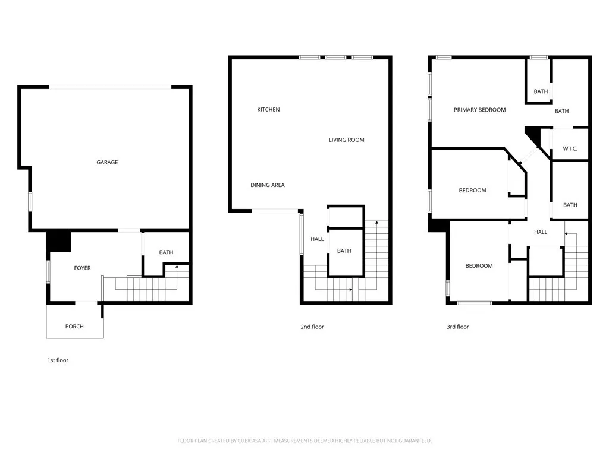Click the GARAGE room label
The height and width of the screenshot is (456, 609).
[107, 162]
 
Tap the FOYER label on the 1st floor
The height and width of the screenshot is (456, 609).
[82, 268]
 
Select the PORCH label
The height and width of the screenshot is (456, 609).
[74, 327]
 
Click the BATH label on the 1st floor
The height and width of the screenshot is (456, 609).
[166, 252]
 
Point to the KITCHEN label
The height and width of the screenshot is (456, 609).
[268, 110]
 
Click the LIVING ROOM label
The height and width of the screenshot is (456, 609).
[346, 140]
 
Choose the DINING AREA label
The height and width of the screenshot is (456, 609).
[267, 185]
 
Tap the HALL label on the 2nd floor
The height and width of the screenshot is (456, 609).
[317, 239]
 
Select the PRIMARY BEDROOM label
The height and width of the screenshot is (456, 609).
[479, 110]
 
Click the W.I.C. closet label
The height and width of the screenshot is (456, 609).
[570, 149]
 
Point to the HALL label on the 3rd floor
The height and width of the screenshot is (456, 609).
[540, 232]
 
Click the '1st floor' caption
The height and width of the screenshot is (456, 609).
[58, 360]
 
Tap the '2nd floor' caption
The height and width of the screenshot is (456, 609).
[312, 327]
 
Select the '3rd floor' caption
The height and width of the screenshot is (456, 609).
[457, 327]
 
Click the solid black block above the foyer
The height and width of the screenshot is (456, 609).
[59, 241]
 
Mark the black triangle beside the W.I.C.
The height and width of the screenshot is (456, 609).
[533, 136]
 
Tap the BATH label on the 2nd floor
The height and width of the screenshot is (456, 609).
[344, 251]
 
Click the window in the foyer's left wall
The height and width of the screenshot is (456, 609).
[49, 270]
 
